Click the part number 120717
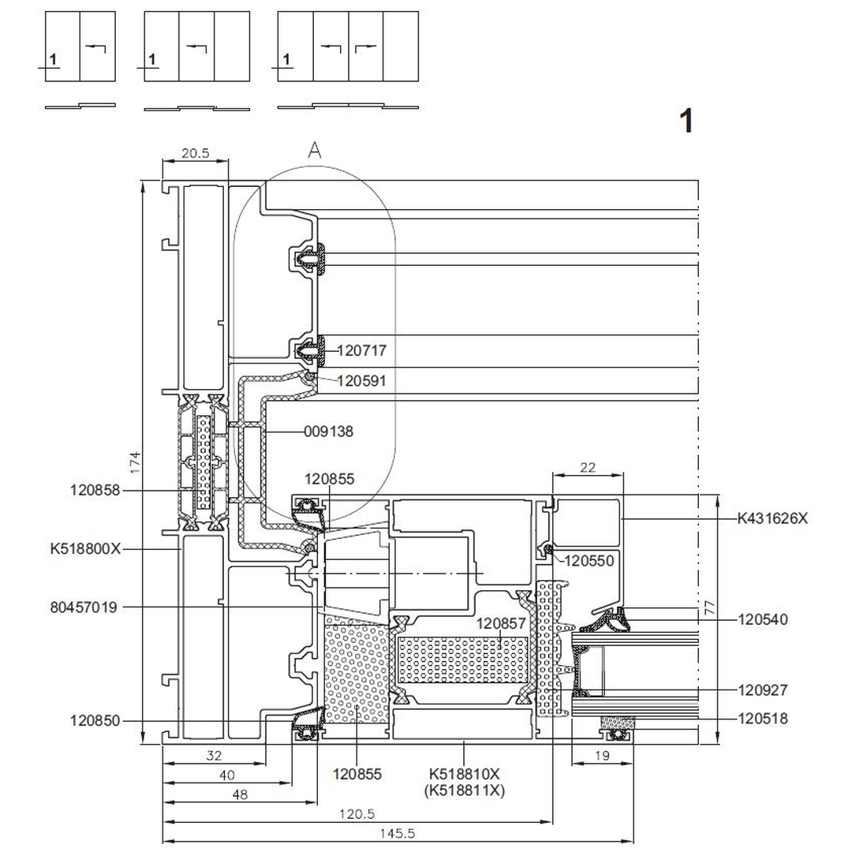362,349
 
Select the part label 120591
361,381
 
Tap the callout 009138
329,432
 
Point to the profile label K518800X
85,548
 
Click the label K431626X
772,518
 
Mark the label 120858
95,490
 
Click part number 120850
95,720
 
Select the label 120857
501,623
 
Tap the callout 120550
591,560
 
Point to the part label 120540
763,619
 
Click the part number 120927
763,690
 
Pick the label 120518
763,719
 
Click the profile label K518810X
465,774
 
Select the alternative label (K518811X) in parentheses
465,790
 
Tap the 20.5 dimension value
195,154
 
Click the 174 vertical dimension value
135,461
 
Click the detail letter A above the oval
315,151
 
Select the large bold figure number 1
687,121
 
